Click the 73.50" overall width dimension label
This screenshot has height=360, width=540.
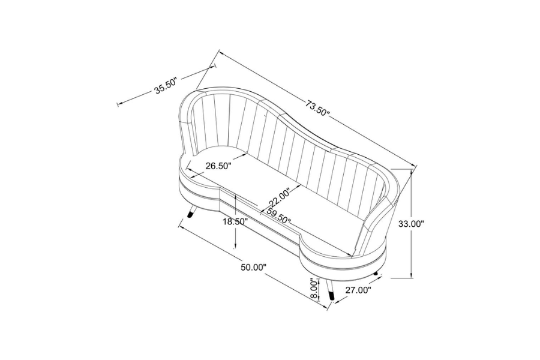pos(318,108)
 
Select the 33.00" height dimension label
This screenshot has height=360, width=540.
pos(410,224)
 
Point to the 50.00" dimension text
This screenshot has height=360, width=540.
pos(254,267)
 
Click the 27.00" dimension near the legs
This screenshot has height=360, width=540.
pos(358,290)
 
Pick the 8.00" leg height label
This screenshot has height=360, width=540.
pos(314,289)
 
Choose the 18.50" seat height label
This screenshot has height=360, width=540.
pos(235,221)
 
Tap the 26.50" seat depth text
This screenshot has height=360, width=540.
pos(218,166)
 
